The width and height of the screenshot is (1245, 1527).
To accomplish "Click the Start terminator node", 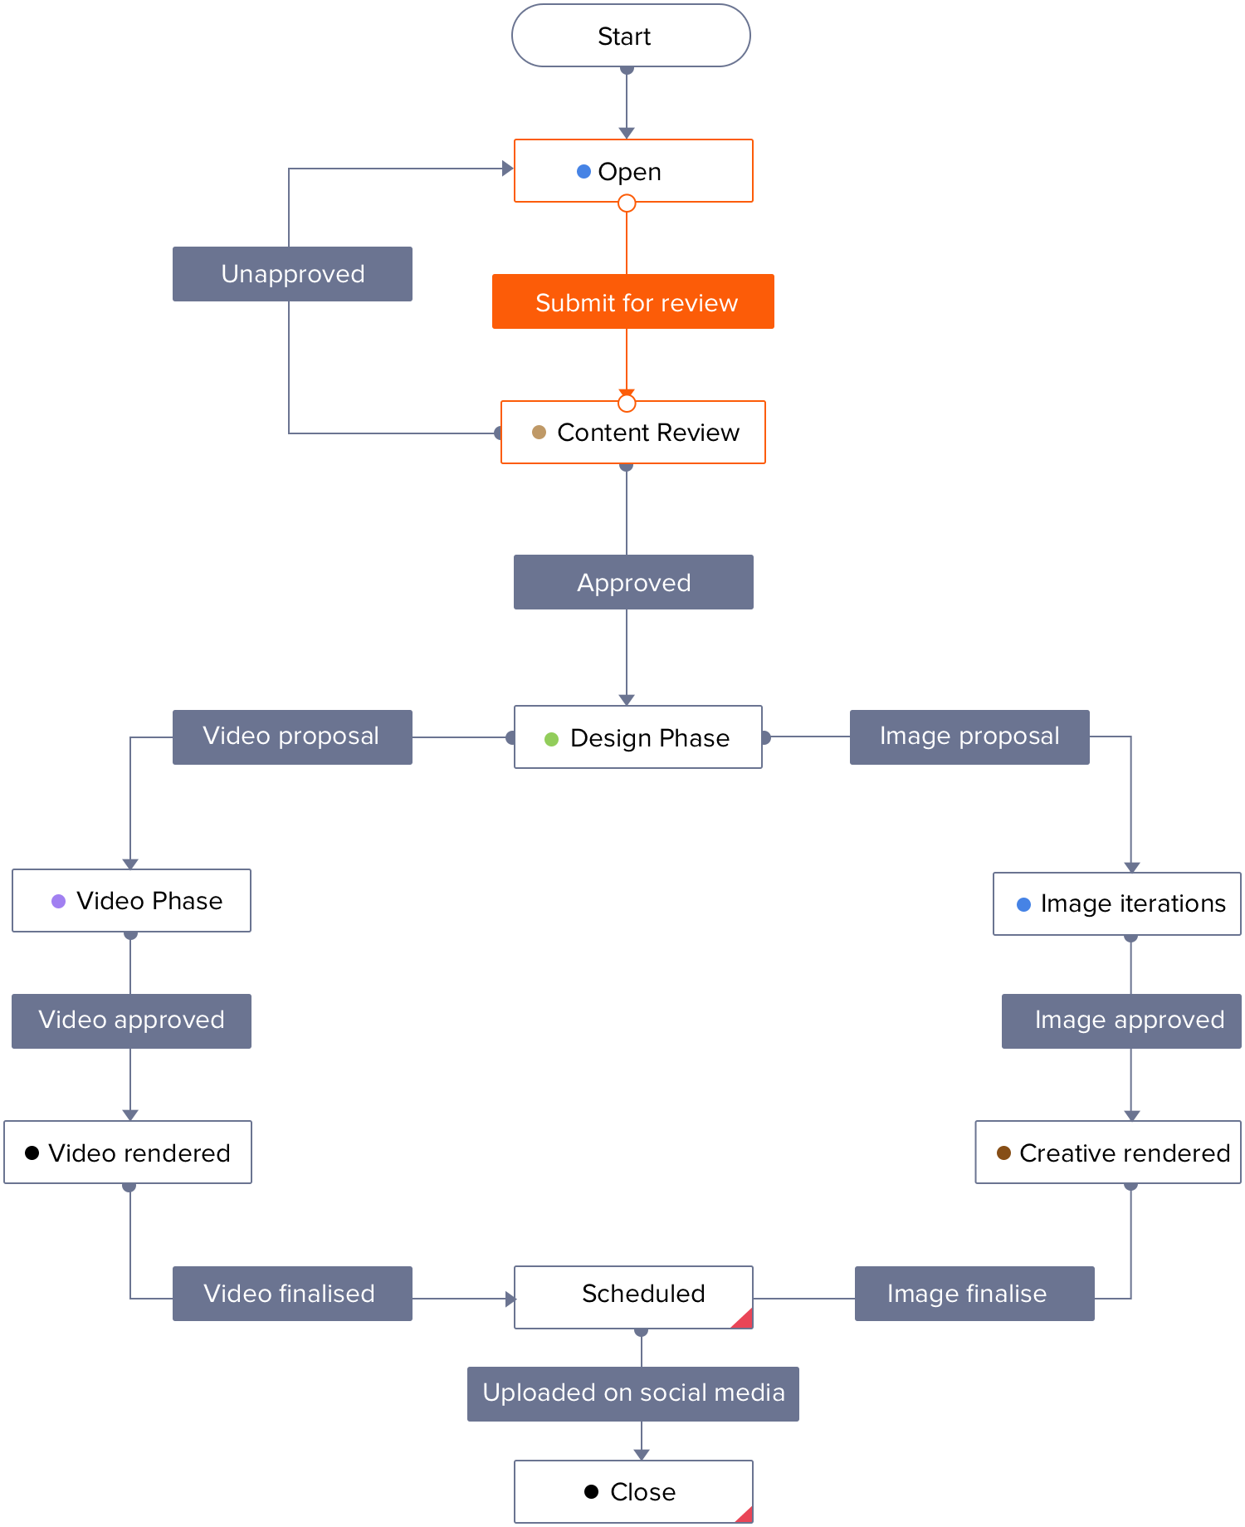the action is [631, 36].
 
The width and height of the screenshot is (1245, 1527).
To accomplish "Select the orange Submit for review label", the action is [633, 301].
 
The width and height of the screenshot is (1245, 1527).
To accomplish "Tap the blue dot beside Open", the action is [583, 171].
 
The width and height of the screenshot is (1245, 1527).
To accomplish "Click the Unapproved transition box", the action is [292, 274].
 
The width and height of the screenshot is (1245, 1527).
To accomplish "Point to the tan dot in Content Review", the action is [539, 432].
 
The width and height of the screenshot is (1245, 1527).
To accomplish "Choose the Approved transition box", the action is [633, 582].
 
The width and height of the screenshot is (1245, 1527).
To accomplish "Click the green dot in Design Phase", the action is [551, 738].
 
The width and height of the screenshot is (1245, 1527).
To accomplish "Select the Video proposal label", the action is [292, 737].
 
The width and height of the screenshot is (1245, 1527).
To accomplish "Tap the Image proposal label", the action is [969, 737].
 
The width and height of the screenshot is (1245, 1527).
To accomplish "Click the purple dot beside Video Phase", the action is [58, 901].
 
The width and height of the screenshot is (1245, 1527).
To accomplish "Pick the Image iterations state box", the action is [1117, 903].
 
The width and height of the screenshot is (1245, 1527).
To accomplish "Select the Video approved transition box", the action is [131, 1021].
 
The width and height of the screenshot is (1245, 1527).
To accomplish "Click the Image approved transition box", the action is [1121, 1021].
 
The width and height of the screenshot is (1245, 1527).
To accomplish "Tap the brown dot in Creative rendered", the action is [1003, 1153].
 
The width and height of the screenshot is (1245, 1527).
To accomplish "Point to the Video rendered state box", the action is [128, 1153].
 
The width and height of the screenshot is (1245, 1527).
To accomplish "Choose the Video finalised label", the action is [292, 1294].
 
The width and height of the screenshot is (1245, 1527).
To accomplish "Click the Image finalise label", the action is [974, 1294].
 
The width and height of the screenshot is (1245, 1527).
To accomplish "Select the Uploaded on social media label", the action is [633, 1394].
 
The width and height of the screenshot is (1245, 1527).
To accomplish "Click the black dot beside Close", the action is [591, 1491].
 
